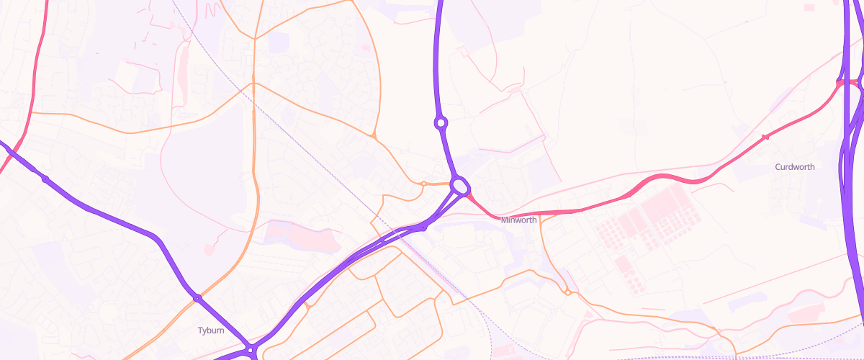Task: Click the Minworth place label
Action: pyautogui.click(x=518, y=220)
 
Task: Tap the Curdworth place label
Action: pyautogui.click(x=795, y=167)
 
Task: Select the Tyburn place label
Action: pyautogui.click(x=211, y=330)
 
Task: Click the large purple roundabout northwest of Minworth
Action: pyautogui.click(x=460, y=186)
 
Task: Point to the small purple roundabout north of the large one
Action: pyautogui.click(x=441, y=123)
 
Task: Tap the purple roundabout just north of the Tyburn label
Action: pyautogui.click(x=197, y=297)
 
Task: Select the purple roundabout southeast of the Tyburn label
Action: pyautogui.click(x=250, y=350)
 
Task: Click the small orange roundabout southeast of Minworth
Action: pyautogui.click(x=568, y=292)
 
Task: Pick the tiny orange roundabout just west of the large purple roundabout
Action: pyautogui.click(x=423, y=184)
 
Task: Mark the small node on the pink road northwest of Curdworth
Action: pyautogui.click(x=765, y=137)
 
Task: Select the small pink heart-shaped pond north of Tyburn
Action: pyautogui.click(x=209, y=249)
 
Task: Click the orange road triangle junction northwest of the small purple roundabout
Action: pyautogui.click(x=373, y=135)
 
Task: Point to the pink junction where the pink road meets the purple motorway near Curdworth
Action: pyautogui.click(x=841, y=83)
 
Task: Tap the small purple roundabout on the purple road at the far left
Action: pyautogui.click(x=45, y=179)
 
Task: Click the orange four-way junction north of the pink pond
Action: pyautogui.click(x=253, y=83)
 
